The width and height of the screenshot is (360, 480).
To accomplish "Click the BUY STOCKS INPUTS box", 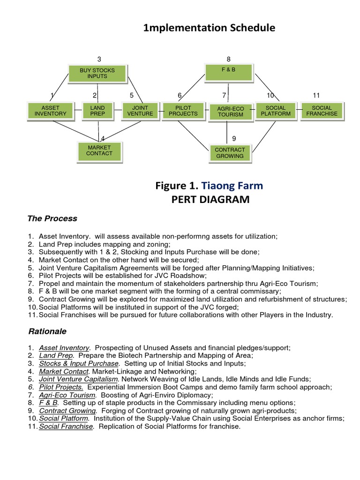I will [97, 73].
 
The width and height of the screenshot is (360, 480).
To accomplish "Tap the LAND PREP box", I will [97, 111].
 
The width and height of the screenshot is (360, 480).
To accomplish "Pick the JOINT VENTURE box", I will [140, 111].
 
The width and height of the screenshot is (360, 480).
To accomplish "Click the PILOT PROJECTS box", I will [180, 111].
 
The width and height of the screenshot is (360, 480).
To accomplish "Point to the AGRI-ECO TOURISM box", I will [227, 112].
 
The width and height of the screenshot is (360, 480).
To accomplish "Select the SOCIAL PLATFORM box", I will [275, 111].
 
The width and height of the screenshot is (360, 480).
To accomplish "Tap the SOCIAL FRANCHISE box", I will [322, 111].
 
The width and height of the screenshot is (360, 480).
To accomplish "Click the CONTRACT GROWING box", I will [229, 153].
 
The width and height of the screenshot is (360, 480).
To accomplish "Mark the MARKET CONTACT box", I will [99, 151].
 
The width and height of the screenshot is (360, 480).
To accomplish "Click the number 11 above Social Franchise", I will [316, 96].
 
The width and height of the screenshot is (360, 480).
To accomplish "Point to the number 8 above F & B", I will [228, 59].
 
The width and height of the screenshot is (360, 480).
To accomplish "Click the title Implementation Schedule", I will [209, 29].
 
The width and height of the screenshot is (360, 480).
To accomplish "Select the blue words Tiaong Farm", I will [232, 186].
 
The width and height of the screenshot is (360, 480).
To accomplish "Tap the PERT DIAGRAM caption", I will [209, 200].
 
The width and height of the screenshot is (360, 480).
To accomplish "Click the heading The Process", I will [52, 219].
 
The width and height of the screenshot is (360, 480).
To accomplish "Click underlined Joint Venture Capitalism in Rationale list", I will [78, 379].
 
